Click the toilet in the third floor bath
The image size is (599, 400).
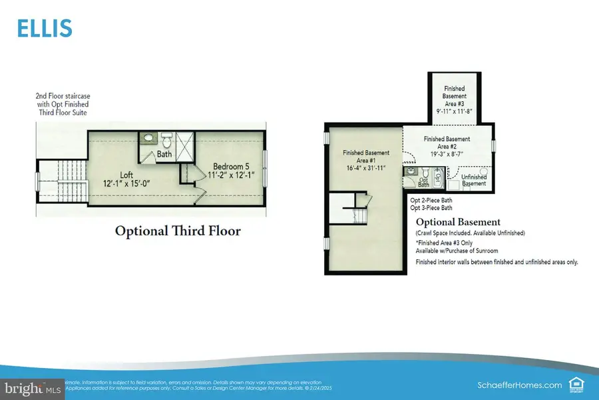(168, 141)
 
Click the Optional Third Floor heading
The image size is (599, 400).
(178, 231)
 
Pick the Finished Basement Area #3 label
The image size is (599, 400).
(454, 101)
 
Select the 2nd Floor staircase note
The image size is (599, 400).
(62, 105)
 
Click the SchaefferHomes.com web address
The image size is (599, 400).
(520, 385)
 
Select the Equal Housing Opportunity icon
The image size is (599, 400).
(575, 384)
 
